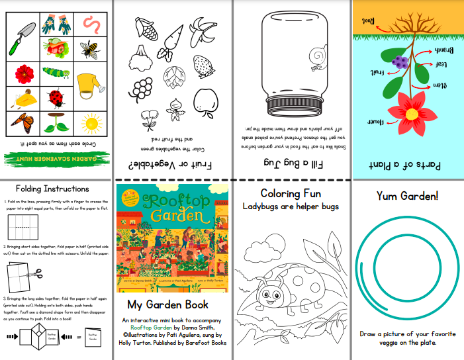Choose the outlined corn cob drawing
coord(146,29)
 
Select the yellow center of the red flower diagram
coord(411,113)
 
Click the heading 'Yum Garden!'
coord(408,196)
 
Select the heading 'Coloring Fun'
coord(291,194)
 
